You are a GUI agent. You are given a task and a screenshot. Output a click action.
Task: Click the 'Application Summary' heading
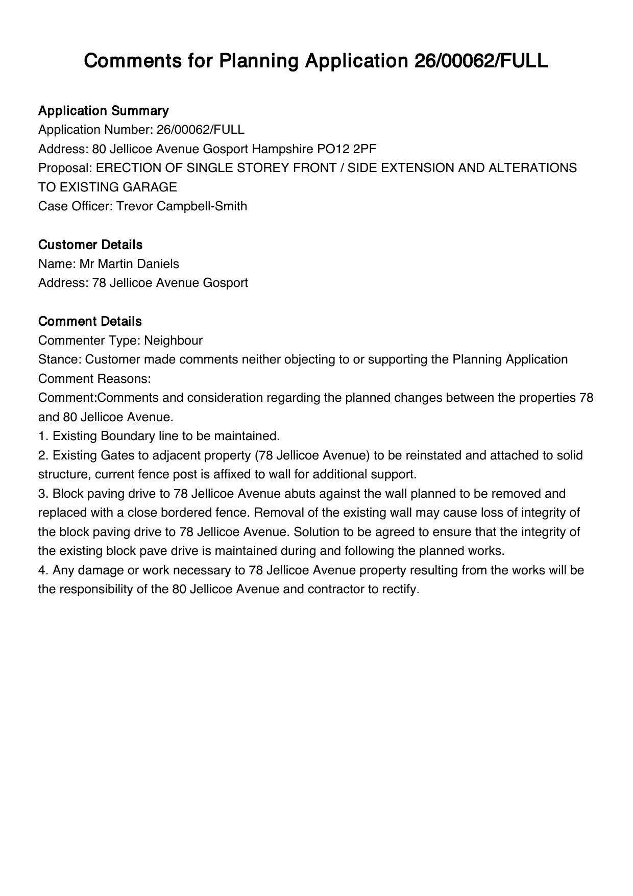tap(103, 111)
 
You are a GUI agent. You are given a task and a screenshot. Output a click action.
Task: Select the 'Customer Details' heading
tap(90, 245)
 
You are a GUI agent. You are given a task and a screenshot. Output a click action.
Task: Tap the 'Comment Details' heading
tap(90, 322)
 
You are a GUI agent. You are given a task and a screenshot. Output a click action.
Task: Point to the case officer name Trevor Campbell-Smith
tap(182, 206)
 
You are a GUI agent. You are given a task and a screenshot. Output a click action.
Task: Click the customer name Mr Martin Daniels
tap(129, 264)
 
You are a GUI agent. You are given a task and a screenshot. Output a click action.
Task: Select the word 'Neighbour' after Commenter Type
tap(173, 341)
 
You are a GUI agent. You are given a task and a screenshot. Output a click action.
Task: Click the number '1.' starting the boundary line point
tap(43, 436)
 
